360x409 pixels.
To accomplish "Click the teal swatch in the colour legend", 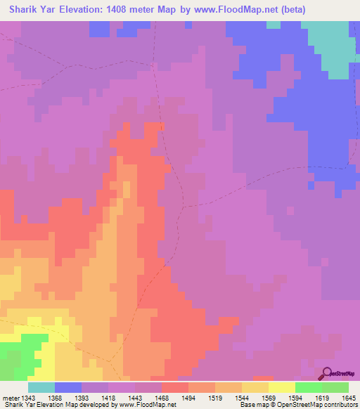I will [41, 387].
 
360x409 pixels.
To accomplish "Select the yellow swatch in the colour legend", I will [281, 387].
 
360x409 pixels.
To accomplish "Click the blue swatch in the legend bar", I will [67, 387].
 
